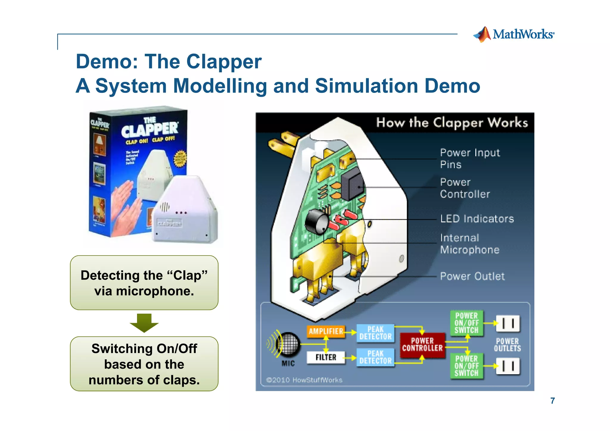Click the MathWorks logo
coord(513,35)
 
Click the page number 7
coord(553,401)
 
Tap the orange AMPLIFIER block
coord(326,331)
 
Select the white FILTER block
coord(326,357)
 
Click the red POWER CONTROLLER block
coord(422,345)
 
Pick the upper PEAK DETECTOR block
coord(375,333)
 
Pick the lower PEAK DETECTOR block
coord(375,357)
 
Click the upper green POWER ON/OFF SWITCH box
coord(466,323)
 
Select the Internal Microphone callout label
coord(470,244)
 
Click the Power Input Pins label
coord(470,158)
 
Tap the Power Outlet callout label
coord(472,276)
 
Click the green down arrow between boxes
coord(144,323)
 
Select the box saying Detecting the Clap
coord(144,283)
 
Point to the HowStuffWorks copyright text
coord(304,380)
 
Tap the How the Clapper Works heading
coord(452,123)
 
